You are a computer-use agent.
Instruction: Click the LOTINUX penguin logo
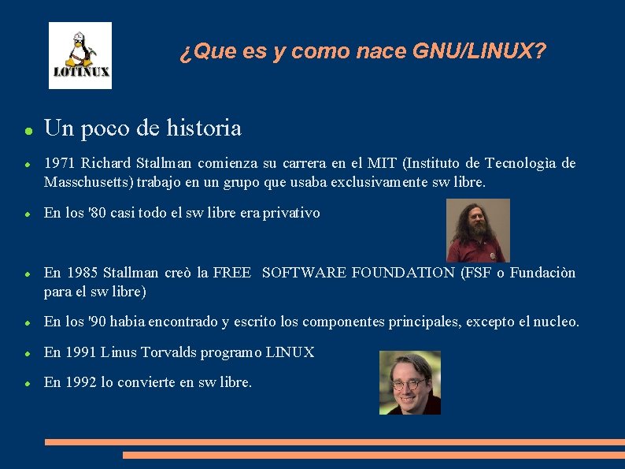(80, 55)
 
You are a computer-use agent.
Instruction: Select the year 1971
(60, 164)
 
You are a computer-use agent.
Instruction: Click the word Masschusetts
(87, 183)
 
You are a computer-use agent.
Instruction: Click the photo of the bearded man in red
(478, 230)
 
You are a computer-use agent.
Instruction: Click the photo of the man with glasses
(410, 382)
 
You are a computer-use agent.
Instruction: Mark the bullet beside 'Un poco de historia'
(28, 129)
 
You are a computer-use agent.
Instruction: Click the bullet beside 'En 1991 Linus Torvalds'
(28, 353)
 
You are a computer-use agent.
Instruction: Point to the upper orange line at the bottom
(335, 442)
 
